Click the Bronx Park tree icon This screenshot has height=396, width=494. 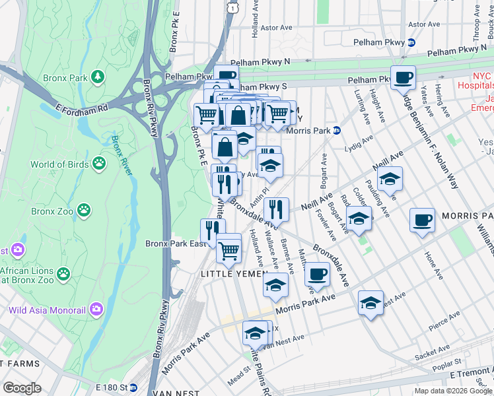pyautogui.click(x=98, y=77)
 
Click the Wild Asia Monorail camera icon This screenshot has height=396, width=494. pyautogui.click(x=97, y=308)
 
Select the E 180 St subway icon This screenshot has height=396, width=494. pyautogui.click(x=133, y=387)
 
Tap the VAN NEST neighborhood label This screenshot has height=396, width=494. pyautogui.click(x=172, y=393)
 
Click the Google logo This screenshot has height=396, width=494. pyautogui.click(x=22, y=388)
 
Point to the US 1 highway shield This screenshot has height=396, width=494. pyautogui.click(x=230, y=6)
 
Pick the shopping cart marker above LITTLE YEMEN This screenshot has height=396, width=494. pyautogui.click(x=229, y=249)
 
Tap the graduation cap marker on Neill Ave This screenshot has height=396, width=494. pyautogui.click(x=390, y=178)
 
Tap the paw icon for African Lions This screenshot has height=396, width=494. pyautogui.click(x=63, y=273)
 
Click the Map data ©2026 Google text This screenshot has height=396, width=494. pyautogui.click(x=453, y=391)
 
